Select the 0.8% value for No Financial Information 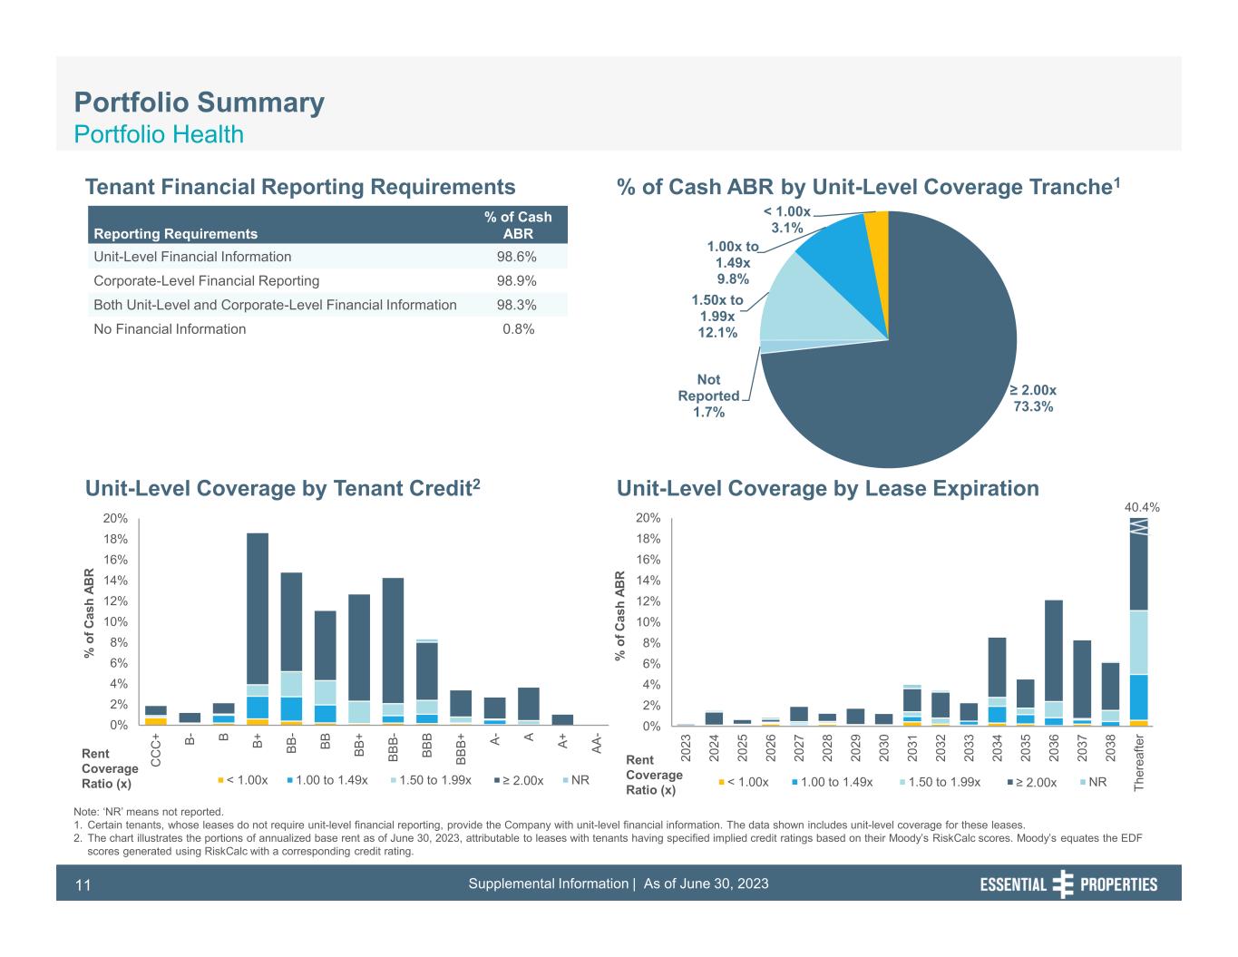tap(518, 329)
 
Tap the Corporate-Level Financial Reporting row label tap(207, 281)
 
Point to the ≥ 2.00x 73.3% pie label tap(1033, 398)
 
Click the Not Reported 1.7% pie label tap(708, 396)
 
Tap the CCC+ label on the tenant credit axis tap(156, 749)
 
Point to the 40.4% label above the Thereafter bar tap(1142, 508)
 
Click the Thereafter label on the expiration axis tap(1139, 763)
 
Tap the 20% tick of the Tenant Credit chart tap(116, 519)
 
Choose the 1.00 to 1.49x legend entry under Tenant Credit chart tap(327, 780)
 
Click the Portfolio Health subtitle tap(159, 134)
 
